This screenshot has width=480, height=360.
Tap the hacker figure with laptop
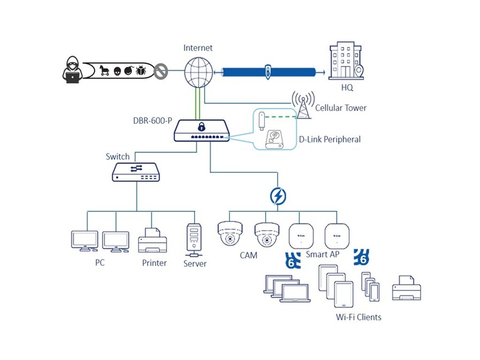[72, 70]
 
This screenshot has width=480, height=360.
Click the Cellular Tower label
[341, 108]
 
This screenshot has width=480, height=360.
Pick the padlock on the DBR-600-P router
[201, 127]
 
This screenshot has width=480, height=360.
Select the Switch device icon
[136, 172]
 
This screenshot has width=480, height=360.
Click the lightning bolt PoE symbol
[278, 196]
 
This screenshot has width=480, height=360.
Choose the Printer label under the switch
[154, 263]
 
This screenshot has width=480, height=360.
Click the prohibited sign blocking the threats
[161, 72]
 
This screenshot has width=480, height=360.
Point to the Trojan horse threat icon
[104, 71]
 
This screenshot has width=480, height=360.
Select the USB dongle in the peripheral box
[263, 122]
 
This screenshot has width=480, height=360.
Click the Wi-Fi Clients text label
[359, 317]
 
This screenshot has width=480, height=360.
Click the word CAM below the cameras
[248, 255]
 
